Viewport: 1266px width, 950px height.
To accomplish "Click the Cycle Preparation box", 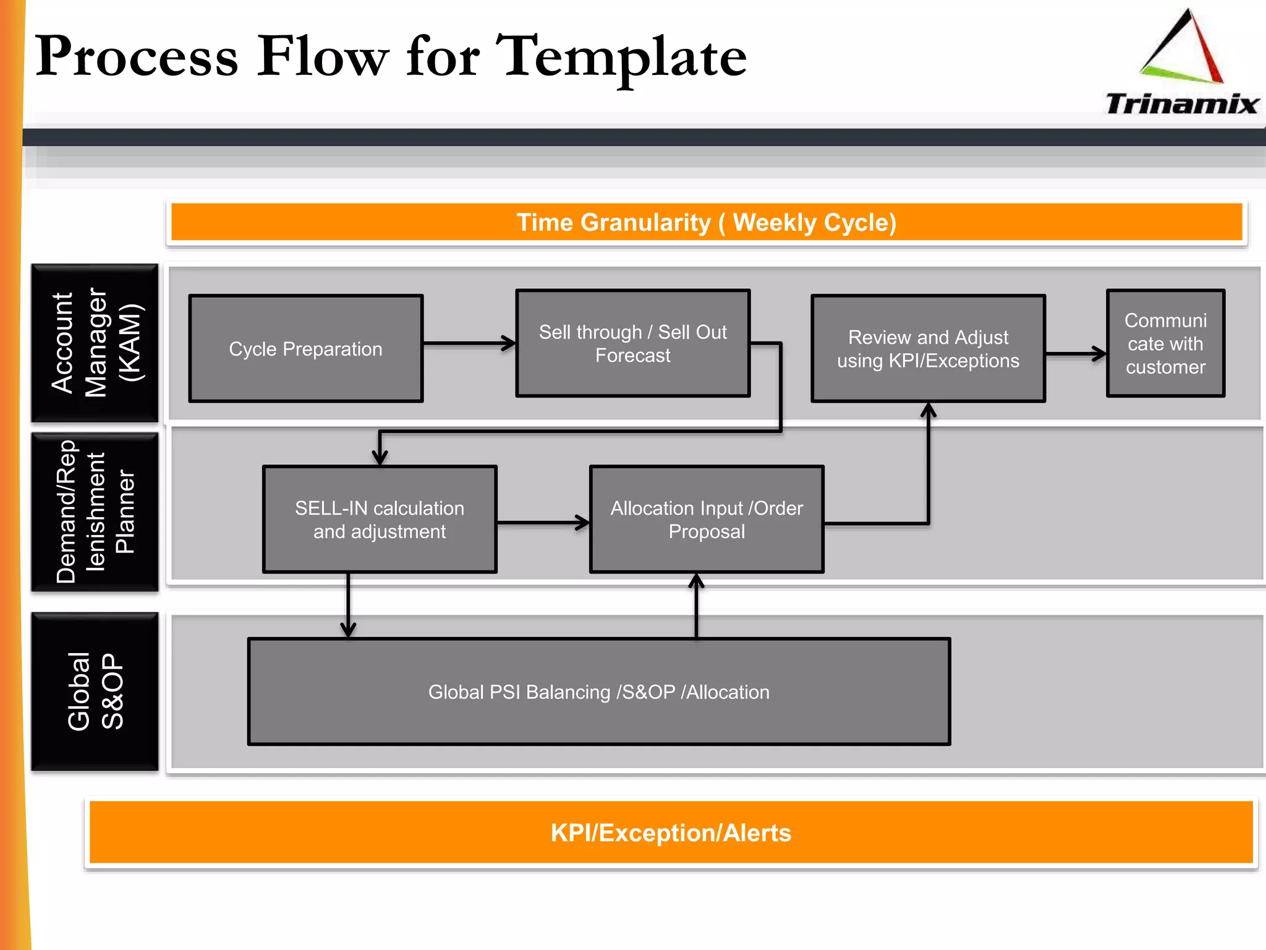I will click(306, 349).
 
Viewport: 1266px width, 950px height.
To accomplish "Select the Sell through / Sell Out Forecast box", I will click(633, 343).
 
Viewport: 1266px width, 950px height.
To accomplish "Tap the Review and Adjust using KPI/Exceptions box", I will click(928, 349).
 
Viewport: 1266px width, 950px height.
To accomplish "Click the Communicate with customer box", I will click(1165, 343).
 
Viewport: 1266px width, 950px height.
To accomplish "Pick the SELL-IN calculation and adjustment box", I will click(380, 520).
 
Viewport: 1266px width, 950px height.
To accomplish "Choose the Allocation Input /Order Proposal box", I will click(707, 520).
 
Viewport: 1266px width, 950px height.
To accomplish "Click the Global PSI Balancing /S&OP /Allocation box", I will click(598, 691).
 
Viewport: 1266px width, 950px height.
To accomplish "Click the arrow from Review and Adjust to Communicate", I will click(1076, 354).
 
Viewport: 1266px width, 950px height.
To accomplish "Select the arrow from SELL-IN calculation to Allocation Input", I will click(543, 523).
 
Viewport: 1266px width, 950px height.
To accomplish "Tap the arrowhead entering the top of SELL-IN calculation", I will click(380, 456).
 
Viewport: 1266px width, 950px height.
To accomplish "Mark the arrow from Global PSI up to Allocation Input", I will click(697, 606).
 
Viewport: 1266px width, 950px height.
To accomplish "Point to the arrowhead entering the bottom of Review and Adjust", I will click(928, 411).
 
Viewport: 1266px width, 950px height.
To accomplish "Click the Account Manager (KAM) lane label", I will click(95, 343).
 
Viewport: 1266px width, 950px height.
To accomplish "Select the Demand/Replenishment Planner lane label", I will click(95, 512).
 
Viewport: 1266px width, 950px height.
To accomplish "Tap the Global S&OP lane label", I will click(95, 691).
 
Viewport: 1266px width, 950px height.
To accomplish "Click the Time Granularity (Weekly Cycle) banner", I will click(707, 222).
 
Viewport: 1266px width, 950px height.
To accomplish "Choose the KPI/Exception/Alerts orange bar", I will click(671, 832).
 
